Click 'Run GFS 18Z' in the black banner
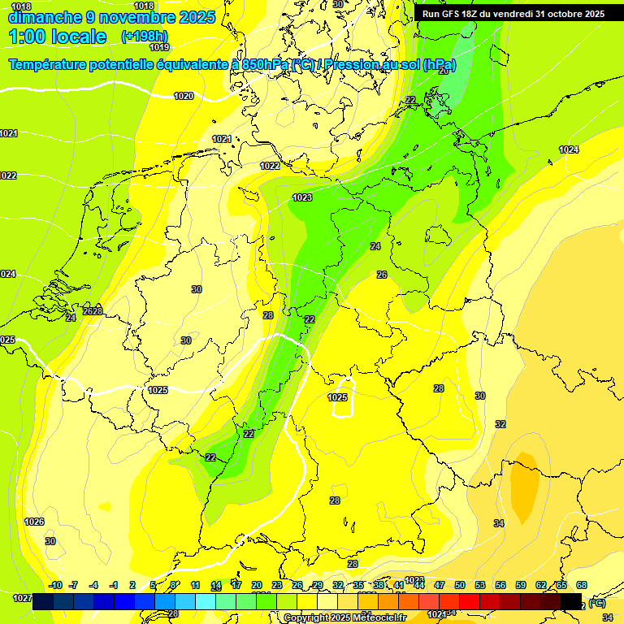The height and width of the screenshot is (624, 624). (x=456, y=14)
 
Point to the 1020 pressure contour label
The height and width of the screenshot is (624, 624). (x=184, y=96)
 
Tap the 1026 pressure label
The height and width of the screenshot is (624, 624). (x=34, y=522)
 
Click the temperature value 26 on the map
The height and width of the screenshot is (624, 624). (x=382, y=275)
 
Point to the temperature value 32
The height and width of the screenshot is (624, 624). (x=500, y=424)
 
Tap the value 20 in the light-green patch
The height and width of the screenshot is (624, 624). (x=444, y=71)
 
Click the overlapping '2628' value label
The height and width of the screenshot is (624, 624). (x=93, y=311)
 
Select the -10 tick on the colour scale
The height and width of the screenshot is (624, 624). (x=55, y=585)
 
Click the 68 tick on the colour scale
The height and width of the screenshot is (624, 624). (x=582, y=585)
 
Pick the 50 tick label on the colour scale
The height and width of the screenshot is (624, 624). (x=460, y=585)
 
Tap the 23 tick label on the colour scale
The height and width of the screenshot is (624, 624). (x=277, y=585)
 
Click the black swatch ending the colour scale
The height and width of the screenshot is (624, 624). (x=571, y=601)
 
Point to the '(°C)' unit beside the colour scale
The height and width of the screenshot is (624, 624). (x=597, y=603)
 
